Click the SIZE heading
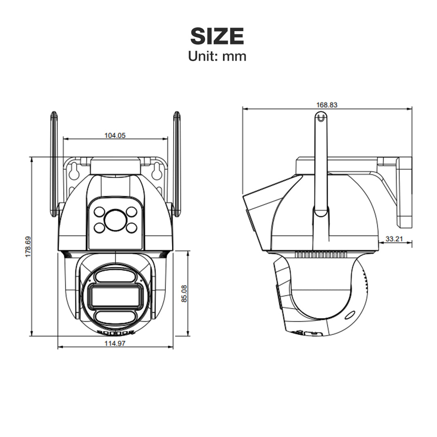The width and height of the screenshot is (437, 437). [217, 36]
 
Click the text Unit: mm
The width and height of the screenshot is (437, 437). [217, 56]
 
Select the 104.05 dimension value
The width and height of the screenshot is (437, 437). [115, 136]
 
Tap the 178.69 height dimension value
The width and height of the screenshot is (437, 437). [28, 246]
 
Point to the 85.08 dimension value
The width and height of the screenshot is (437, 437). [185, 293]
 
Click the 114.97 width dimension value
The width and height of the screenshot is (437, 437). [115, 344]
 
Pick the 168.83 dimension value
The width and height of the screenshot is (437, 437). [327, 105]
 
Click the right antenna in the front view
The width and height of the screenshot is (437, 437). [177, 162]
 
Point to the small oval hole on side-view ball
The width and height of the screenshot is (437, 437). [350, 315]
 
